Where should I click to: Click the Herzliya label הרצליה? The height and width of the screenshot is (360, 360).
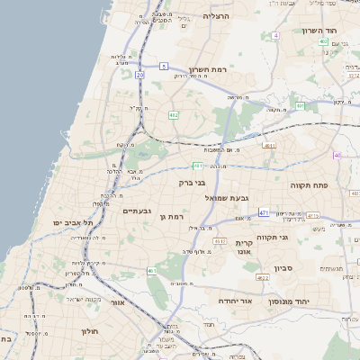(217, 16)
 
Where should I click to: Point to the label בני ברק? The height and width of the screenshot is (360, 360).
(192, 183)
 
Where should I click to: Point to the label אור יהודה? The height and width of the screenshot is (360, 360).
(236, 301)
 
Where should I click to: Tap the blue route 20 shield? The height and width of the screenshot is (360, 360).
(139, 76)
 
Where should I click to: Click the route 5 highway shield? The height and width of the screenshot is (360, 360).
(164, 66)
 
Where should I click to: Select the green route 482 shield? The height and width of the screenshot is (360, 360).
(173, 114)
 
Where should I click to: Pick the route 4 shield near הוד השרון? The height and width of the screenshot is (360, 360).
(275, 35)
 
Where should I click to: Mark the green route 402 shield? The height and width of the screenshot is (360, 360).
(323, 41)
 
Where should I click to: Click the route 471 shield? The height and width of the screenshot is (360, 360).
(264, 212)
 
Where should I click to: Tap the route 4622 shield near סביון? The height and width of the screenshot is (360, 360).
(263, 278)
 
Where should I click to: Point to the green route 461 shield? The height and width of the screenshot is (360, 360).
(153, 271)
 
